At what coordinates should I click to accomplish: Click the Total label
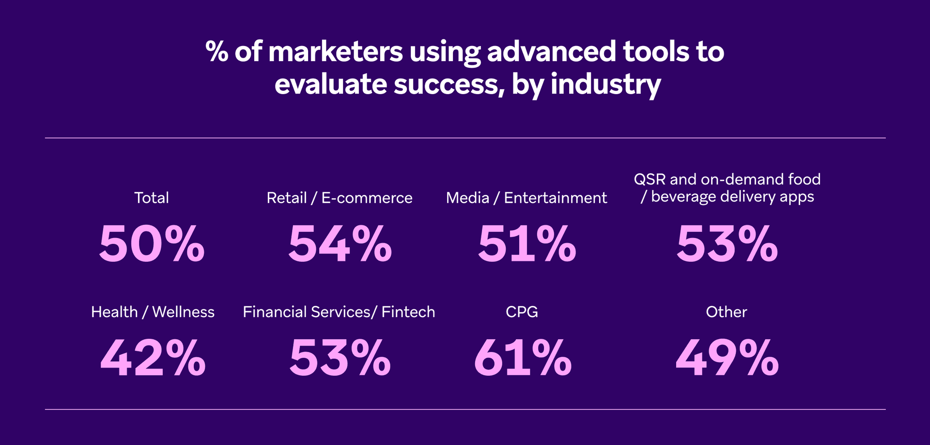tap(152, 198)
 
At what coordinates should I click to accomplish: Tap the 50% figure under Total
tap(152, 244)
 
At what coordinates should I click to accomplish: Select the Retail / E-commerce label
tap(340, 198)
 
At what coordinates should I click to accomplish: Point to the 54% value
tap(340, 244)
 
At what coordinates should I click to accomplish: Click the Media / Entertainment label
tap(527, 198)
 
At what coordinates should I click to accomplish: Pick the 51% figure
tap(527, 244)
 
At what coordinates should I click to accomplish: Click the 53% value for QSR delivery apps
tap(727, 244)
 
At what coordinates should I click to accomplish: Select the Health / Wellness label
tap(153, 312)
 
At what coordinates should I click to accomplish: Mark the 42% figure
tap(153, 358)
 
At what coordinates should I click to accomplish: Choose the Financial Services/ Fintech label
tap(339, 312)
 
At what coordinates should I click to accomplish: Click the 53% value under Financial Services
tap(340, 358)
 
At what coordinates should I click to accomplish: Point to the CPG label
tap(522, 312)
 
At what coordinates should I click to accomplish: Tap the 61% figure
tap(523, 358)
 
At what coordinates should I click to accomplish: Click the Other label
tap(727, 312)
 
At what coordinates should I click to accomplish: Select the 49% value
tap(727, 358)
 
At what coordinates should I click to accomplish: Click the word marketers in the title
tap(335, 52)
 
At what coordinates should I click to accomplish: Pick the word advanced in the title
tap(551, 52)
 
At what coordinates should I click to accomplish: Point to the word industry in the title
tap(605, 85)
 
